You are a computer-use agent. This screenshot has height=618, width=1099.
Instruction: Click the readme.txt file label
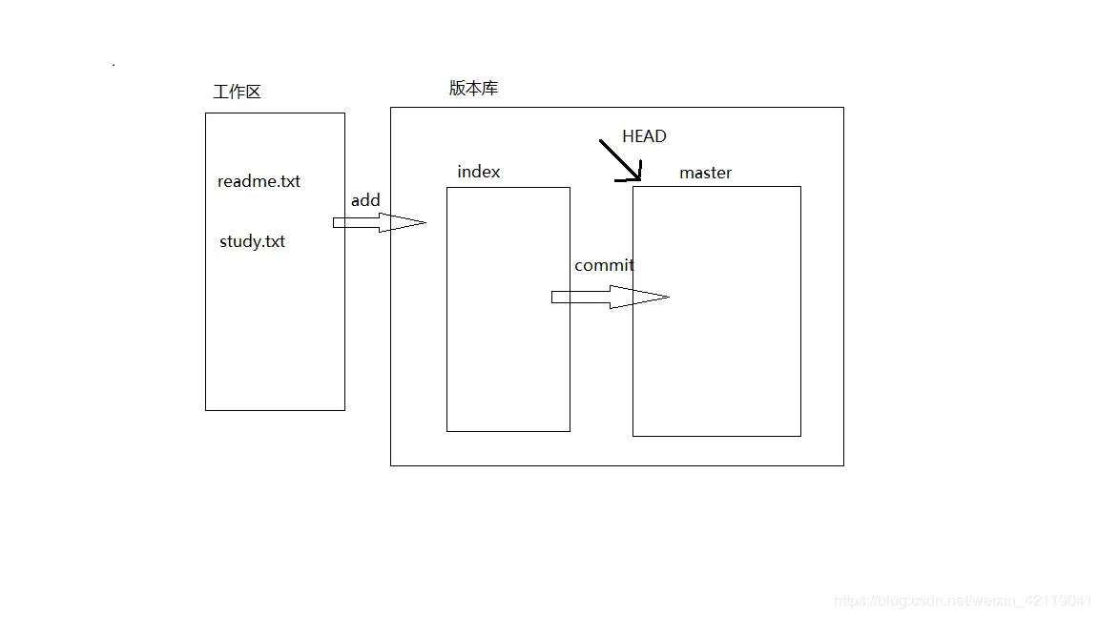(x=259, y=181)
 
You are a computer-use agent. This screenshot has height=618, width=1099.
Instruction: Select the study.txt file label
(x=252, y=241)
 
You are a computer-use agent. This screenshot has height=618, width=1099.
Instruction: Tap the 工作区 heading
(x=237, y=92)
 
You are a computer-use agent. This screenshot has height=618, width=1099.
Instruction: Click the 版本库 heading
(x=473, y=88)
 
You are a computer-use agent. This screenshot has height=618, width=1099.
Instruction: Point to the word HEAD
(x=644, y=136)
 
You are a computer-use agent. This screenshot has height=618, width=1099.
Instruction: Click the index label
(x=478, y=172)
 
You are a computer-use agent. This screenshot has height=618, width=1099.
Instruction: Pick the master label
(x=705, y=173)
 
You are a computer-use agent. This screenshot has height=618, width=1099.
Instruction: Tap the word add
(x=365, y=200)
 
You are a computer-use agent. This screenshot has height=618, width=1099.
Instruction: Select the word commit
(x=604, y=265)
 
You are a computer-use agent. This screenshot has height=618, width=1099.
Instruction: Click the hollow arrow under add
(x=377, y=222)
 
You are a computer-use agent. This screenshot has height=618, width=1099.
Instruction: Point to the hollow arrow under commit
(x=608, y=298)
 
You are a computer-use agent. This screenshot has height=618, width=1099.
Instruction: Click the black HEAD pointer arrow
(x=619, y=160)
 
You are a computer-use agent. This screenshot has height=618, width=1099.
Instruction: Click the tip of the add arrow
(x=424, y=222)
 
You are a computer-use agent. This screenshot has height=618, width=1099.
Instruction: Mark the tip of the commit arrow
(x=668, y=298)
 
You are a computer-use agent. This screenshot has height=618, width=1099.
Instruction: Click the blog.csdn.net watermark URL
(x=963, y=601)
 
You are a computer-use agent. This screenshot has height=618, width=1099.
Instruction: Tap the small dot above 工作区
(x=114, y=65)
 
